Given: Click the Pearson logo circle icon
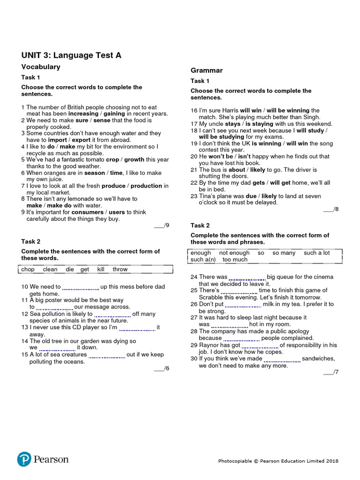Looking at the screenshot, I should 24,459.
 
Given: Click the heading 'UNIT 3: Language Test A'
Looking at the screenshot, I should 71,55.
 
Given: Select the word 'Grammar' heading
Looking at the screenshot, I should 206,70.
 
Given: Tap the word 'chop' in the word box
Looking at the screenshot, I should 28,269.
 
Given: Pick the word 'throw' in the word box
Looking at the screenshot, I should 120,269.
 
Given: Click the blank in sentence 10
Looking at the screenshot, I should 80,287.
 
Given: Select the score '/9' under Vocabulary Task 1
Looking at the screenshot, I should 162,225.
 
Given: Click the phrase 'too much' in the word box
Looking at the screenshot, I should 235,259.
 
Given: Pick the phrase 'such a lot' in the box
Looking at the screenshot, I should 316,253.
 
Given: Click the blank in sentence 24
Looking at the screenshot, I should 247,277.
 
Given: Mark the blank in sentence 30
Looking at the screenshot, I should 282,359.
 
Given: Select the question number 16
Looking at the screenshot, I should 194,110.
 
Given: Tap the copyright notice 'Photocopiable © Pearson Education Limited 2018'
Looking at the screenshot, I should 278,461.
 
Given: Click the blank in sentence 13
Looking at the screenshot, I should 136,328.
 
